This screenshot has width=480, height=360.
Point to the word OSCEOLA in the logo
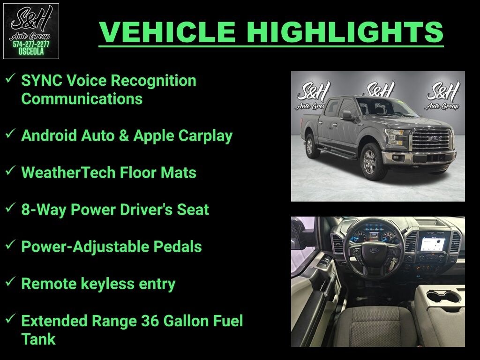coord(31,52)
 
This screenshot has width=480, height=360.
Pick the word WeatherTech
coord(61,173)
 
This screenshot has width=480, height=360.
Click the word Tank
coord(38,339)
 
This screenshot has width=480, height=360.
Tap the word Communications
coord(82,99)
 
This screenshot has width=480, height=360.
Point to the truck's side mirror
coord(346,115)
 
